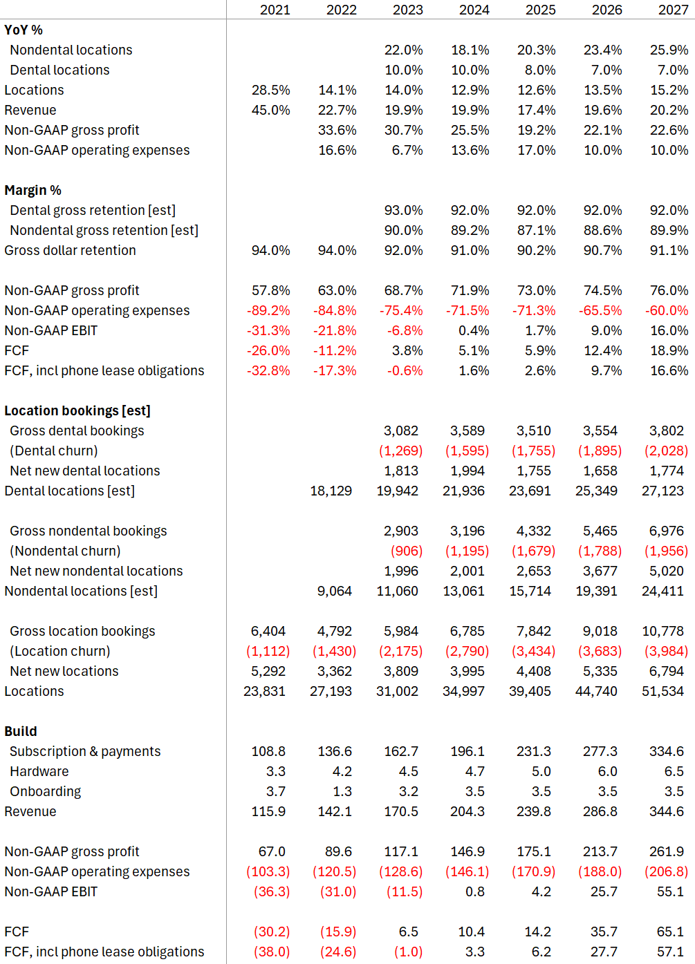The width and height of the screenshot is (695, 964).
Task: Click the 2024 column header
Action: (474, 10)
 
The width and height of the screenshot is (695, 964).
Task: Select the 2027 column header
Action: (673, 10)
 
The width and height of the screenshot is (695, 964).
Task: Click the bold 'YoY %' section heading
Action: (24, 30)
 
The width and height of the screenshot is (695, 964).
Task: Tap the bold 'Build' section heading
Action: (21, 731)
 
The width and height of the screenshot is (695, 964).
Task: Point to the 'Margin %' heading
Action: (33, 190)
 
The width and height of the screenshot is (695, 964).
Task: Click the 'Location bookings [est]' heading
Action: (77, 410)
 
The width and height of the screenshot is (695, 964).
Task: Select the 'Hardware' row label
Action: (39, 771)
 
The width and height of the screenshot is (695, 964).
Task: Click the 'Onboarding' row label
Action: (46, 791)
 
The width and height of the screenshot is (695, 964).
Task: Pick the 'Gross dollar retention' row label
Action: (70, 250)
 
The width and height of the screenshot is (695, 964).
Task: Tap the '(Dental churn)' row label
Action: (54, 451)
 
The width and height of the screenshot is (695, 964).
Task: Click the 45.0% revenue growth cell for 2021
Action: (271, 110)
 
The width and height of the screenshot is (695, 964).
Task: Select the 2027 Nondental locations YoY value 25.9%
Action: (669, 50)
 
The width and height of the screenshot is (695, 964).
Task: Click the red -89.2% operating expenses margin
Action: (268, 310)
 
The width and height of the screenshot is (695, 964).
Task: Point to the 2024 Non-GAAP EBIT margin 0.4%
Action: (474, 330)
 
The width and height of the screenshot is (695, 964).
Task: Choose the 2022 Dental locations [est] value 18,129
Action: (331, 491)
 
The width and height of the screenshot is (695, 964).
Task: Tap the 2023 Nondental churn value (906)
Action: (407, 551)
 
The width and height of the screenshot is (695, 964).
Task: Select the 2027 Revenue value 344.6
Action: (667, 811)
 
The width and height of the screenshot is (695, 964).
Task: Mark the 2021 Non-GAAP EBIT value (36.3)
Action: (272, 891)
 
